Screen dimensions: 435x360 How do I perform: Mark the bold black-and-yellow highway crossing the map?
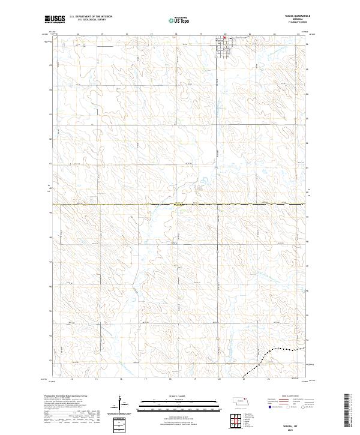point(180,205)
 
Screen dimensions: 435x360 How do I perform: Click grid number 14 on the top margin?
point(78,34)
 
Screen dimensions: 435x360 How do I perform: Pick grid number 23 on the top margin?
point(298,34)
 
